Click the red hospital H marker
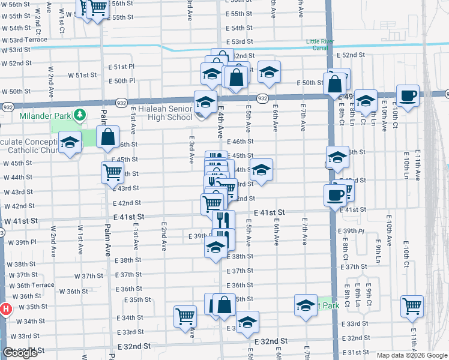(5, 310)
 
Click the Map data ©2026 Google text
(411, 355)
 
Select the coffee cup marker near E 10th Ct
(408, 97)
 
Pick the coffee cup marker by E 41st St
(335, 195)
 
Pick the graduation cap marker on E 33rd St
(247, 323)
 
